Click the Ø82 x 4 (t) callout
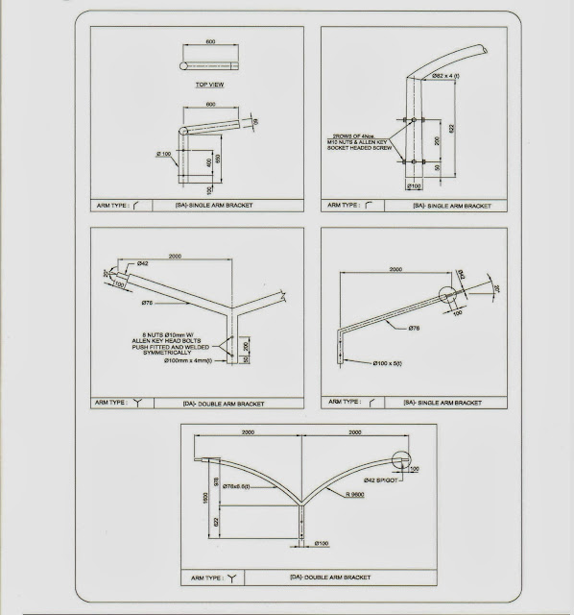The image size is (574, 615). (447, 75)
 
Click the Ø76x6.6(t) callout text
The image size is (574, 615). (237, 488)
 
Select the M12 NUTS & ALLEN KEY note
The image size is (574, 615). (359, 142)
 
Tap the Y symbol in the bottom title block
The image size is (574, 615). (231, 578)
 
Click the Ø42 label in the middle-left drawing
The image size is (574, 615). (142, 263)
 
